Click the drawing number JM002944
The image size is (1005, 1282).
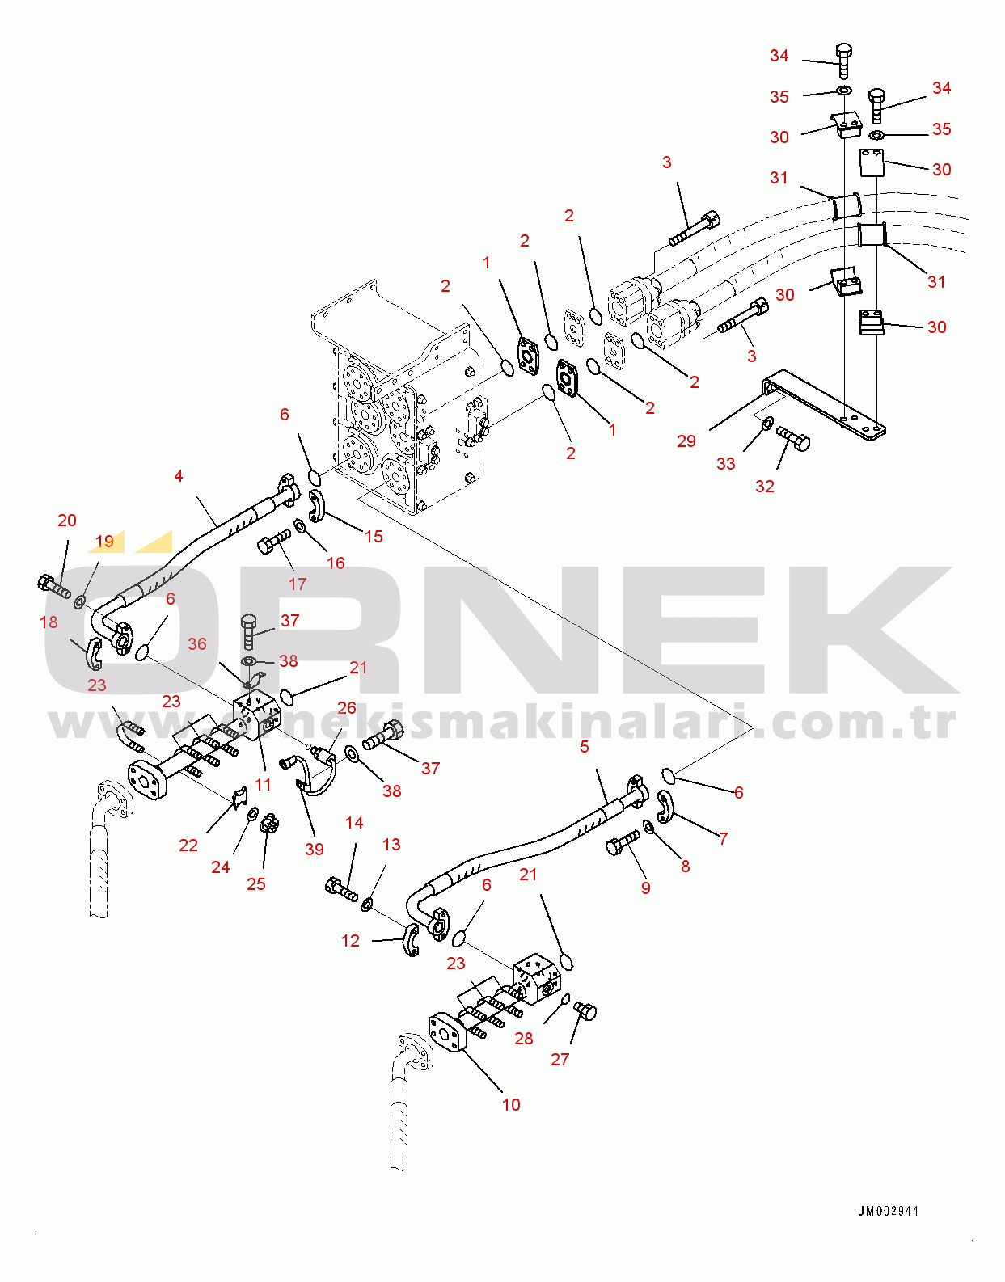pos(888,1211)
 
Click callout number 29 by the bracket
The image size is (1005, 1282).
pos(686,441)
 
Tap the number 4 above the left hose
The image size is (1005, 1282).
pos(179,476)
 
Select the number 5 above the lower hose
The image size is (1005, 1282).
pos(585,747)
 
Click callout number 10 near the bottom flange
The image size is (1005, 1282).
pos(511,1105)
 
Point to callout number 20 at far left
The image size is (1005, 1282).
pos(67,521)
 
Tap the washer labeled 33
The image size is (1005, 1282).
pos(767,422)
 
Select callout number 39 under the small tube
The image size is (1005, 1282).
pos(315,849)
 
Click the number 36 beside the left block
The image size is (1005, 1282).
pos(197,644)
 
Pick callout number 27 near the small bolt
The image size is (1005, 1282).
pos(560,1059)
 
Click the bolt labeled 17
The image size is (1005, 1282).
pos(275,542)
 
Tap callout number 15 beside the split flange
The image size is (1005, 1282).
pos(374,537)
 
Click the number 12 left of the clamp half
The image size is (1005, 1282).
pos(350,941)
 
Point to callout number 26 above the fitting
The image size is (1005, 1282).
pos(347,708)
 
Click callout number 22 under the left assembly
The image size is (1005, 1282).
pos(188,846)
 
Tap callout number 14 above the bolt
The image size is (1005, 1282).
pos(354,823)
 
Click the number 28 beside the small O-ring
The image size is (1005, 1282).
pos(524,1039)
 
